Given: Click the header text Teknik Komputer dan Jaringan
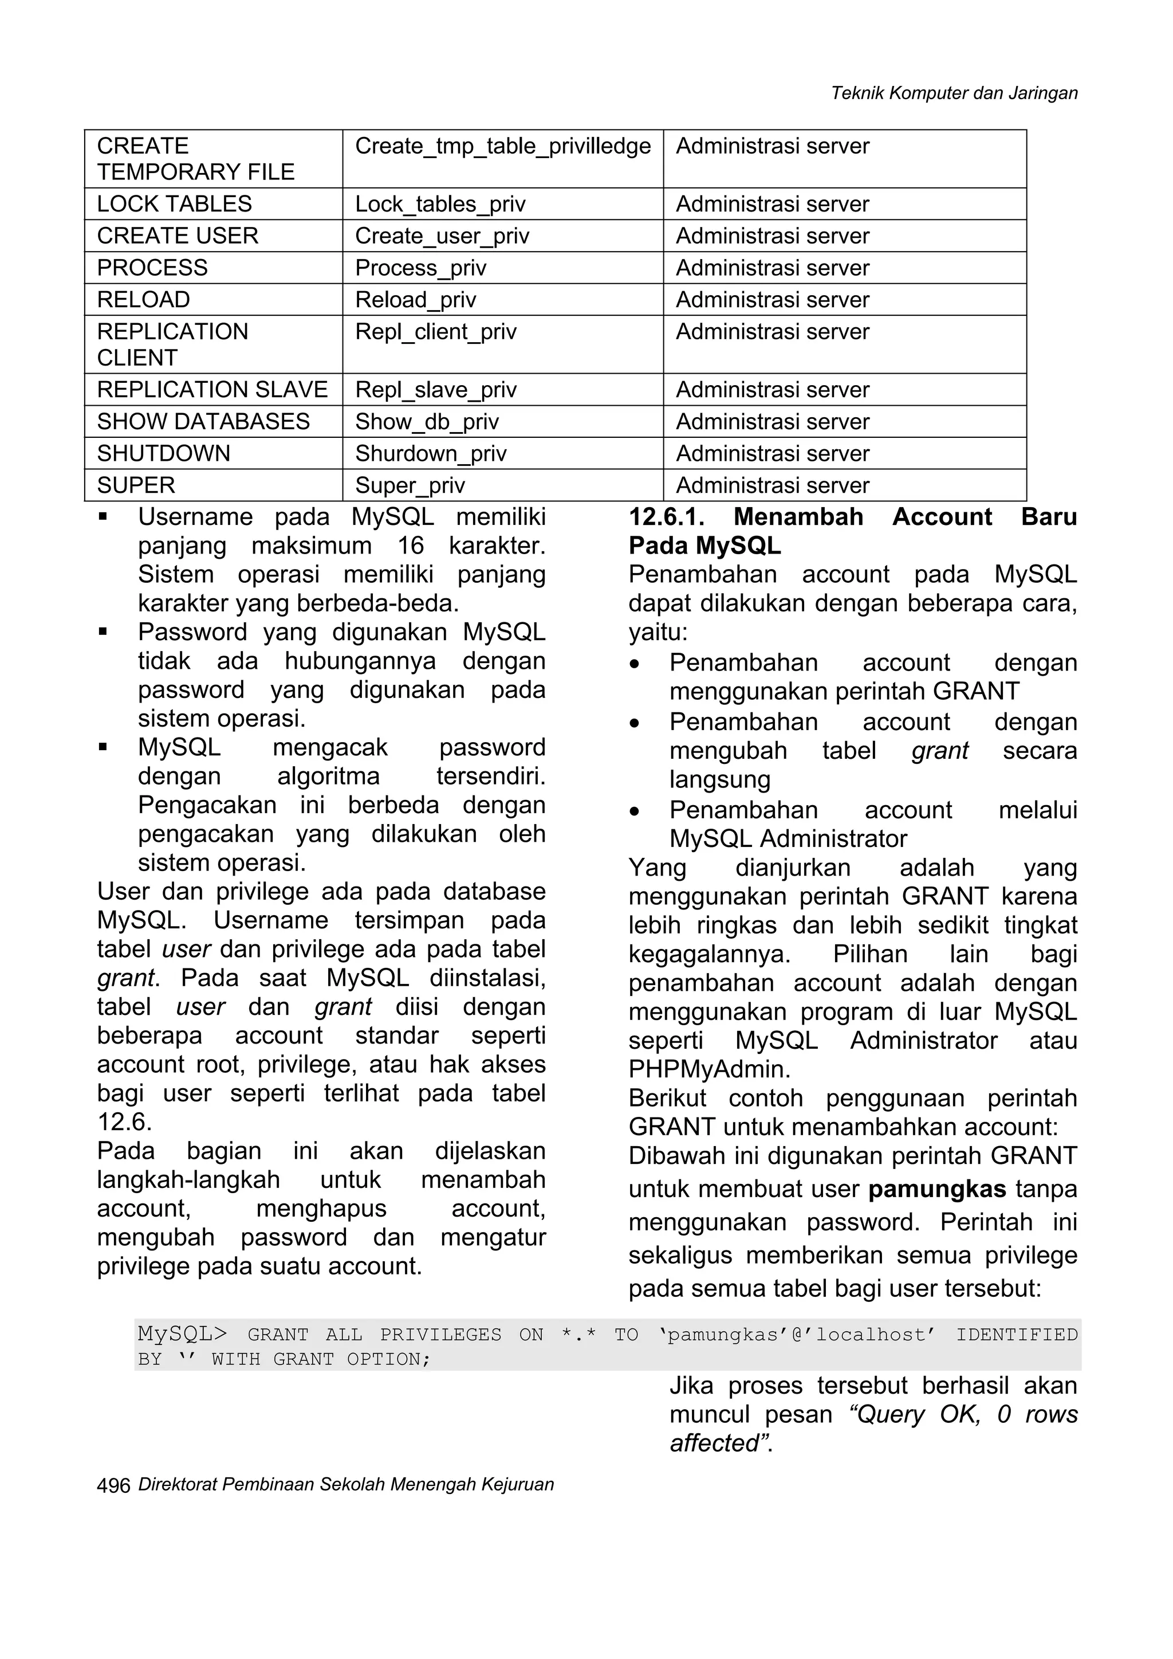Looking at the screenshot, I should point(954,93).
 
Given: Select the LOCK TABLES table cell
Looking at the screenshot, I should point(174,204).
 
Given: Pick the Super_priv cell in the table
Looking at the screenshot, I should point(410,485).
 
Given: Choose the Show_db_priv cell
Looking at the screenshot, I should point(426,422).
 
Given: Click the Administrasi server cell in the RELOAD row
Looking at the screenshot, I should point(772,300).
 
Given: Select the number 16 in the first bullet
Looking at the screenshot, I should point(410,546).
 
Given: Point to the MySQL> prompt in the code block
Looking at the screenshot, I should point(182,1334).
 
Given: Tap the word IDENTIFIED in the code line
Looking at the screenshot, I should point(1016,1335).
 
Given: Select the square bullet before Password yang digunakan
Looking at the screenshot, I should point(103,632).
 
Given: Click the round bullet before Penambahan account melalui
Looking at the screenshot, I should point(634,811).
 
